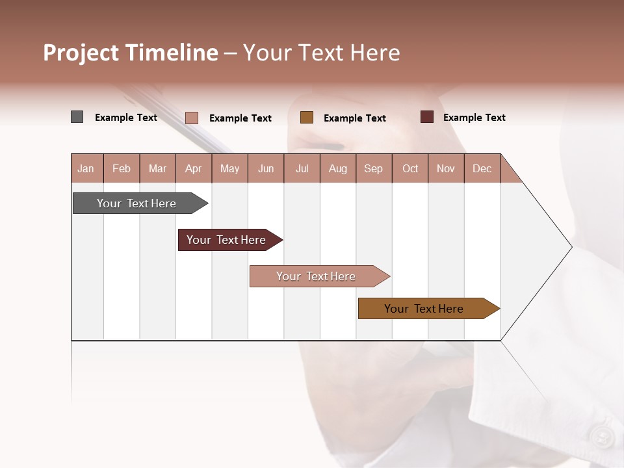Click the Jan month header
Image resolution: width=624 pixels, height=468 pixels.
pyautogui.click(x=86, y=168)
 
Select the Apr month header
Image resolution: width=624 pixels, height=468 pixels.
pyautogui.click(x=194, y=168)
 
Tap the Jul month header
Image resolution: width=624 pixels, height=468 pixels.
pyautogui.click(x=302, y=168)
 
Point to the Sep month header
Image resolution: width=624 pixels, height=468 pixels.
pyautogui.click(x=373, y=168)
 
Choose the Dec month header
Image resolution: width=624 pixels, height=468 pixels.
pyautogui.click(x=482, y=168)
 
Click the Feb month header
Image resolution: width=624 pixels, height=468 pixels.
pyautogui.click(x=122, y=168)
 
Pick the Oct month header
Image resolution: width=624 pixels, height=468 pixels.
pyautogui.click(x=410, y=168)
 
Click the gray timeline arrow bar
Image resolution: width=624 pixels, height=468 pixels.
pyautogui.click(x=137, y=203)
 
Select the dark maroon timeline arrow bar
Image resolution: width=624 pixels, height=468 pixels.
pyautogui.click(x=227, y=240)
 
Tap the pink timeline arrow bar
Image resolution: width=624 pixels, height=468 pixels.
pyautogui.click(x=317, y=276)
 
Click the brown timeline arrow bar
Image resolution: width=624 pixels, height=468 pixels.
pyautogui.click(x=424, y=309)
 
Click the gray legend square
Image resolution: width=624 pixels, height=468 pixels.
pyautogui.click(x=77, y=117)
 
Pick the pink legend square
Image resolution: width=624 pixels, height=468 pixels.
pyautogui.click(x=192, y=118)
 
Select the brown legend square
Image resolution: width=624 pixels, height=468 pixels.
pyautogui.click(x=307, y=118)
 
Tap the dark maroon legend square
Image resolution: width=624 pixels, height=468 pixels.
pyautogui.click(x=427, y=117)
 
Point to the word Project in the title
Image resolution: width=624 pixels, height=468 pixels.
pyautogui.click(x=81, y=53)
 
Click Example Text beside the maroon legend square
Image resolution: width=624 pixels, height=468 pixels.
pyautogui.click(x=474, y=118)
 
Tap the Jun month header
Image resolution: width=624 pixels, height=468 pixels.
pyautogui.click(x=266, y=168)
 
